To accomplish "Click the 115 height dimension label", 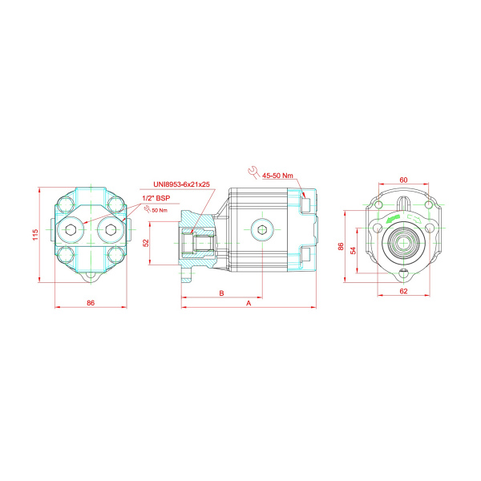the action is click(x=35, y=235).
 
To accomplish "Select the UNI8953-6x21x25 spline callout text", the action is click(x=182, y=184).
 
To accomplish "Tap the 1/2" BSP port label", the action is click(x=156, y=198).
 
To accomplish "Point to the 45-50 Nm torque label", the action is click(x=277, y=176).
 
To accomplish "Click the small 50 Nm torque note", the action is click(x=160, y=210).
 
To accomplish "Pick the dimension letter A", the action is click(x=249, y=303).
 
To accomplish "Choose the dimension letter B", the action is click(x=222, y=293).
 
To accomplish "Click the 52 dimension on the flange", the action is click(x=146, y=243).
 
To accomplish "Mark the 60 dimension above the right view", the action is click(x=404, y=180).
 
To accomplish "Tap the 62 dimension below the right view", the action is click(x=404, y=291).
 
